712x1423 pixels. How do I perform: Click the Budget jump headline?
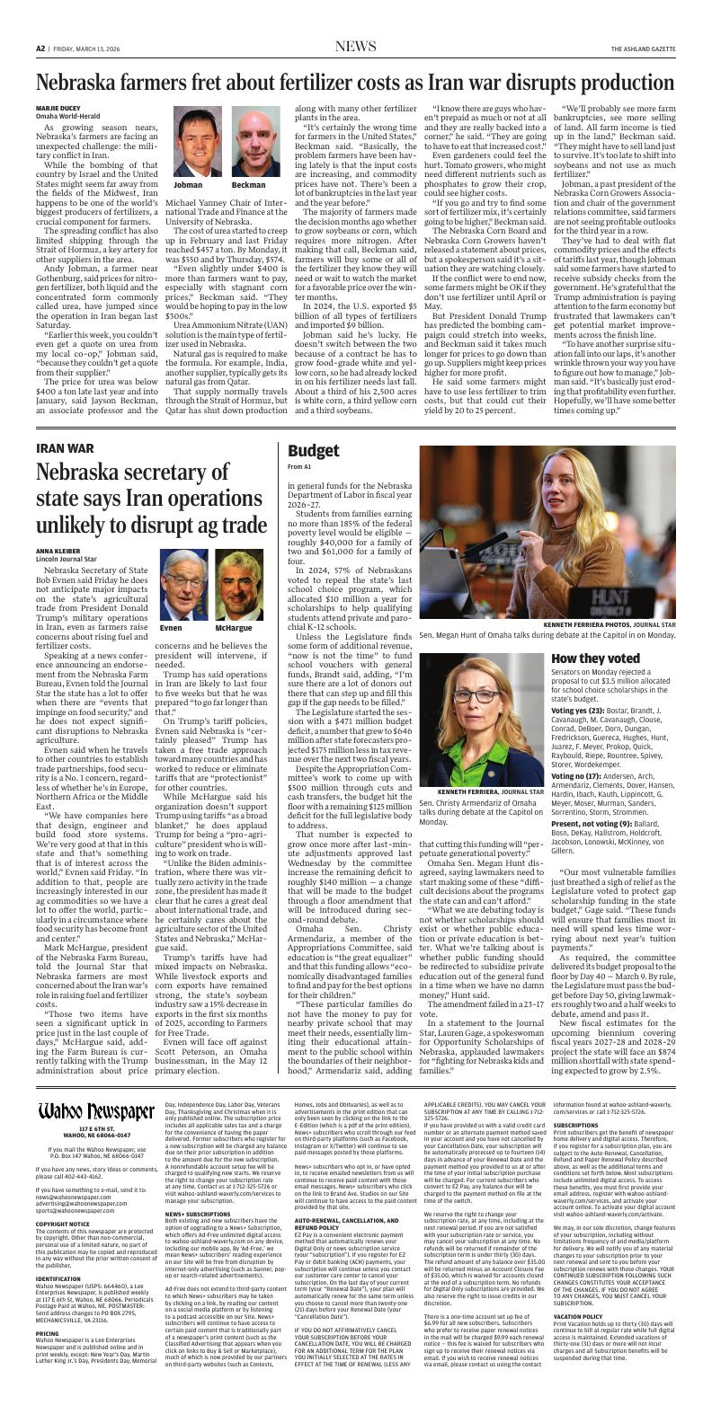click(x=313, y=451)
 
